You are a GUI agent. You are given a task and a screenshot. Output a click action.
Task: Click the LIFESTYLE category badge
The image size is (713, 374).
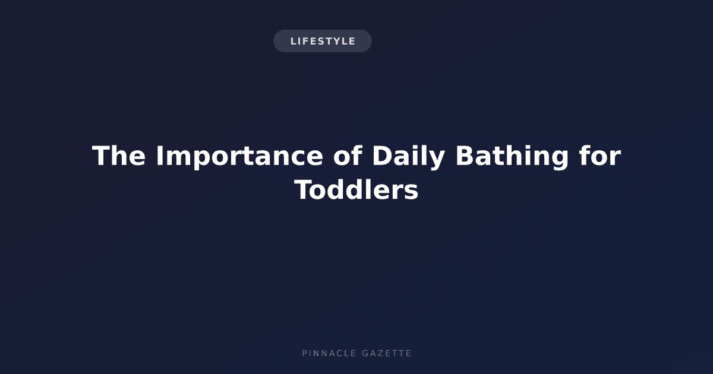(x=323, y=41)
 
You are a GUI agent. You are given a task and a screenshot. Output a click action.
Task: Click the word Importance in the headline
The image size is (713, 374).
(x=239, y=156)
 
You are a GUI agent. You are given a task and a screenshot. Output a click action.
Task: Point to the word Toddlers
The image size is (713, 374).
(x=356, y=190)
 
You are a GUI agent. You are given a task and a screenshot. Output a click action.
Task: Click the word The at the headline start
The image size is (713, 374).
(x=119, y=156)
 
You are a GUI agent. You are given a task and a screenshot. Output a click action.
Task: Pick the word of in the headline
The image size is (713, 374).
(x=348, y=156)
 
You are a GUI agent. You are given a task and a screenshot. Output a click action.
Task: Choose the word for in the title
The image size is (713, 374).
(x=600, y=156)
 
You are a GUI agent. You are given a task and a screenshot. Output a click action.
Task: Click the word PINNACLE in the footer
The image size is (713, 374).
(x=329, y=353)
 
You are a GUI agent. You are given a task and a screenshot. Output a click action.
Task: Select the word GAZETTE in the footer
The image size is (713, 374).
(x=387, y=353)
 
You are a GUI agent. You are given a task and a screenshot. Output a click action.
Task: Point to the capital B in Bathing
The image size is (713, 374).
(x=466, y=156)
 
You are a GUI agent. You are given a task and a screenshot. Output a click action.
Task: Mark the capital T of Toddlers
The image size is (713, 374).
(x=304, y=190)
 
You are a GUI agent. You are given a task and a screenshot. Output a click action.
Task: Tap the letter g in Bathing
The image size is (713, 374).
(x=559, y=160)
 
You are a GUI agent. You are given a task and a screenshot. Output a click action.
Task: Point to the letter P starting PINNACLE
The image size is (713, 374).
(x=305, y=353)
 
